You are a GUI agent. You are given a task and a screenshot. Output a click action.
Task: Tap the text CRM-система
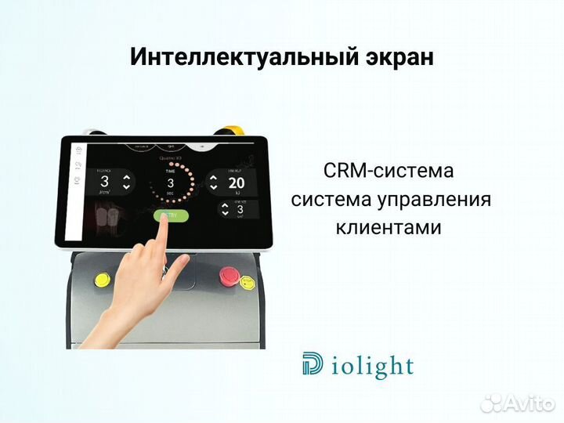[389, 171]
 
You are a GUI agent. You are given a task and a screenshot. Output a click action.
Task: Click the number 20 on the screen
[236, 183]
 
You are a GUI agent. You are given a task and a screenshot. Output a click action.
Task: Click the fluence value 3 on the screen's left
[104, 183]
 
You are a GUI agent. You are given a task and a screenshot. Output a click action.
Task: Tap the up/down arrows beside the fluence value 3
[125, 183]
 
